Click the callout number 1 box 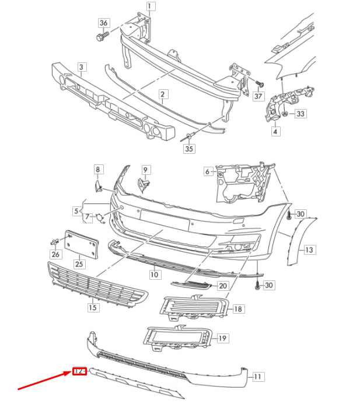point(150,8)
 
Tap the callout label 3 point(81,68)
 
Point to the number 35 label point(188,149)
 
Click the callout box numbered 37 point(258,96)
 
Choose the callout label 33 point(300,114)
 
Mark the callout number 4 point(275,132)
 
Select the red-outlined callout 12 point(79,371)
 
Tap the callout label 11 point(258,377)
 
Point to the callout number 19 point(222,338)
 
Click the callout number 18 point(238,308)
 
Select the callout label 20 point(222,286)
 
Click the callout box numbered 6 point(207,171)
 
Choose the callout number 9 point(145,170)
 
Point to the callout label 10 point(154,273)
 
